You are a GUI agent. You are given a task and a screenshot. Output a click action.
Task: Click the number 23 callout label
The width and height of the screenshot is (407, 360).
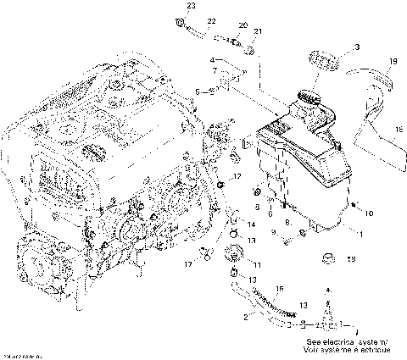[x=191, y=7]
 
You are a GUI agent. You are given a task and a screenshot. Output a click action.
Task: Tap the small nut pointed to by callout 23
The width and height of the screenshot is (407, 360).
[x=180, y=19]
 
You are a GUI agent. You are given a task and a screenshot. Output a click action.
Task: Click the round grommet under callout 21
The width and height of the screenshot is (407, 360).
[x=253, y=53]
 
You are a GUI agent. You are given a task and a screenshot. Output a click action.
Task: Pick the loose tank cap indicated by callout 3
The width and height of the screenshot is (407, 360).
[x=324, y=63]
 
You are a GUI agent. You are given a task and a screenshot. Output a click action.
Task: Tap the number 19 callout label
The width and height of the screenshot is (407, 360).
[x=393, y=62]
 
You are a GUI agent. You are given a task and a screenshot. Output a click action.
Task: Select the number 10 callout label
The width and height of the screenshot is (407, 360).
[x=370, y=207]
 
